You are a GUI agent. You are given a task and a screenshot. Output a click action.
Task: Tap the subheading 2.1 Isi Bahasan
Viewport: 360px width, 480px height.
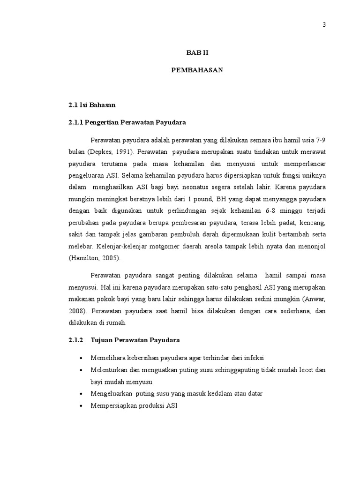pyautogui.click(x=92, y=105)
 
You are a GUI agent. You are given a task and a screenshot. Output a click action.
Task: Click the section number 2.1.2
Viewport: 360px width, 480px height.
pyautogui.click(x=75, y=340)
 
